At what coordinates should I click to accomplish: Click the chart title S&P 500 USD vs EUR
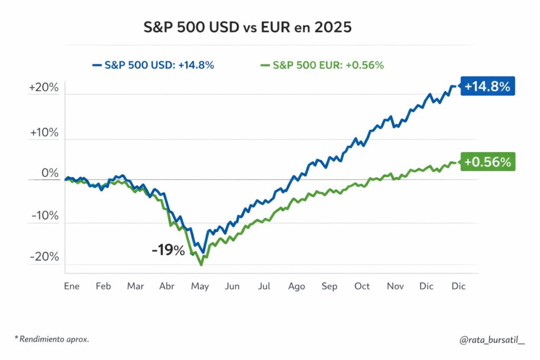pos(248,27)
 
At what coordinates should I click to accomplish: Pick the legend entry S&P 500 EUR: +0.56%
pos(323,65)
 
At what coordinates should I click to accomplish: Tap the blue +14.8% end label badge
pos(487,86)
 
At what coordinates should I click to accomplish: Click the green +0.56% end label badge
pos(487,162)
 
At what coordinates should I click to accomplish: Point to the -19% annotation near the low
pos(168,250)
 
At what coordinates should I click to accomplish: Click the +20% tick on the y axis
pos(44,87)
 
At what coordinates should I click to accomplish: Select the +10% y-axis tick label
pos(44,132)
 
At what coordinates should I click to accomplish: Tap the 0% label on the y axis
pos(50,173)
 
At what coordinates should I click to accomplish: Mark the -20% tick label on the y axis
pos(45,257)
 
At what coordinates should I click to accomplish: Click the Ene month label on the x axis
pos(71,286)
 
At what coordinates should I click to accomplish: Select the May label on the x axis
pos(200,286)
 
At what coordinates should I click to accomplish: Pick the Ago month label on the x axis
pos(296,286)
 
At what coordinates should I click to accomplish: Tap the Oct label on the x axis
pos(362,286)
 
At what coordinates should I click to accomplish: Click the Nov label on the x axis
pos(395,286)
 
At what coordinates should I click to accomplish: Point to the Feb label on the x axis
pos(103,286)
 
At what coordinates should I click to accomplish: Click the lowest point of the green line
pos(201,264)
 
